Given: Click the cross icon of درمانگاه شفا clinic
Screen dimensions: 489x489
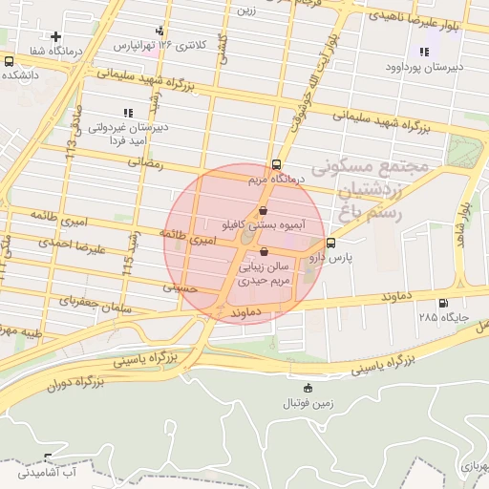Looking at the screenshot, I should click(x=56, y=37).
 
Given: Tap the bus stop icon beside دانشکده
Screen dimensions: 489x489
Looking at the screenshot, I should click(x=9, y=61).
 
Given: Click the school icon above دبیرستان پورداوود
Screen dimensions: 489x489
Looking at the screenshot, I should click(x=424, y=52).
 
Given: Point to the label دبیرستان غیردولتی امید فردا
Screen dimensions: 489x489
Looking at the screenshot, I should click(x=130, y=133).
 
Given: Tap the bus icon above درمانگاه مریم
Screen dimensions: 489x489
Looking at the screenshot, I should click(x=276, y=163).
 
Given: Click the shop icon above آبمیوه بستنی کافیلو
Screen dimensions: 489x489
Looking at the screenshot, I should click(x=264, y=211).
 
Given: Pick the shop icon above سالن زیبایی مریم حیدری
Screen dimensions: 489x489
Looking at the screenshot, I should click(x=264, y=252).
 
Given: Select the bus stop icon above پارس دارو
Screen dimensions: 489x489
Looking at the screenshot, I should click(x=331, y=243).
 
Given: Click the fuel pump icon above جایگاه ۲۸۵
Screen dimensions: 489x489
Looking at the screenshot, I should click(x=443, y=304).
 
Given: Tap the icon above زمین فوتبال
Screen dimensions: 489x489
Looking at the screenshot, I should click(x=307, y=388).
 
